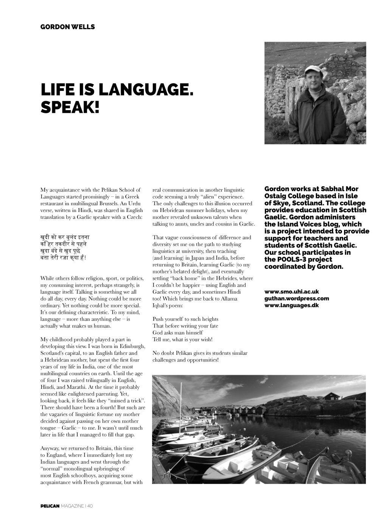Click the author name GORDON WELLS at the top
[x=68, y=27]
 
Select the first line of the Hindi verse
[x=65, y=237]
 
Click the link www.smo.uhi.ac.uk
[x=292, y=291]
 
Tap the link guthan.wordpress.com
[x=297, y=298]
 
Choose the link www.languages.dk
[x=291, y=305]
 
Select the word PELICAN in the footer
[x=50, y=507]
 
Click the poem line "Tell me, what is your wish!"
[x=182, y=340]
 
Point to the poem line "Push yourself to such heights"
[x=185, y=319]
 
